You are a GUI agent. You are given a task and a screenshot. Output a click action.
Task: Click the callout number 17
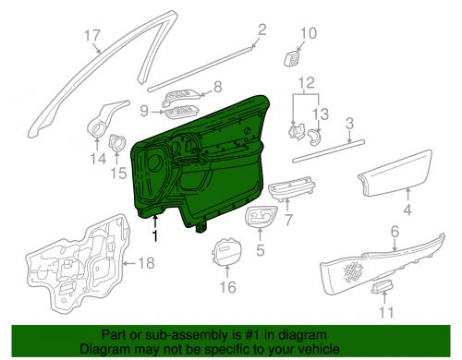click(91, 36)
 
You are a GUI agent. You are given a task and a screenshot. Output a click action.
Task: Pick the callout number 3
click(349, 122)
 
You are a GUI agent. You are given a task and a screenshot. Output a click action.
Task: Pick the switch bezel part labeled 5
click(261, 220)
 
